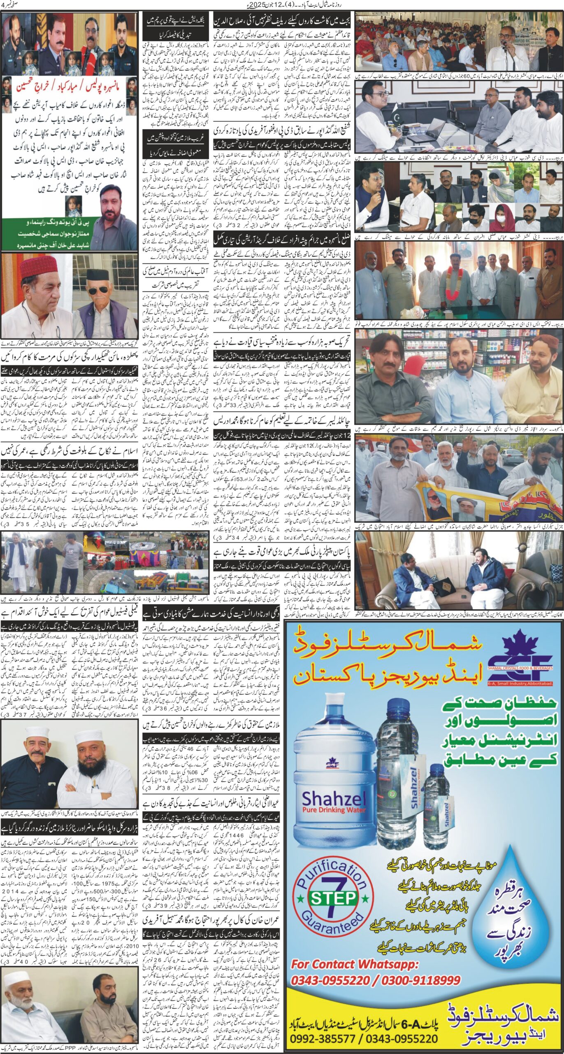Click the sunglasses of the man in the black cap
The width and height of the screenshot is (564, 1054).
click(97, 291)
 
